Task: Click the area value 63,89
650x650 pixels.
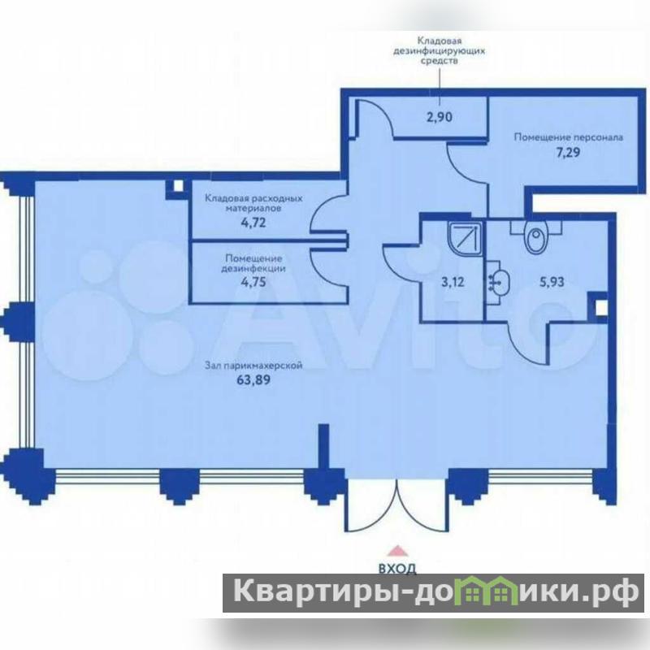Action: click(253, 379)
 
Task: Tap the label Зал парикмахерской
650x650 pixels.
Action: click(253, 366)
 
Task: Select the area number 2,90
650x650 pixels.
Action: click(440, 117)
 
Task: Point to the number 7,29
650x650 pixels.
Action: click(568, 152)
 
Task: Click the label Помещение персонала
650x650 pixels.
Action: click(568, 137)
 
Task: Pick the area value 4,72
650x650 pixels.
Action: click(253, 223)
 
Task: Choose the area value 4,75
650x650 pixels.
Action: click(253, 282)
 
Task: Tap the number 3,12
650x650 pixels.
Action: click(453, 282)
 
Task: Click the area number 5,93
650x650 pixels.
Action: click(552, 282)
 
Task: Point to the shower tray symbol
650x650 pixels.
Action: click(465, 239)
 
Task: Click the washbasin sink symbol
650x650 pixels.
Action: click(497, 283)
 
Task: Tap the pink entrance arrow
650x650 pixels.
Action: click(397, 551)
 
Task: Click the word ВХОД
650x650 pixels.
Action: click(397, 568)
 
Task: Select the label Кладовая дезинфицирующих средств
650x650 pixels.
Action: click(439, 51)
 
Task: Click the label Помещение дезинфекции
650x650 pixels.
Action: click(253, 263)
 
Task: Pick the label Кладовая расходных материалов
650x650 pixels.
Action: click(253, 203)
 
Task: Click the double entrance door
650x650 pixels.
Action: click(397, 505)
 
